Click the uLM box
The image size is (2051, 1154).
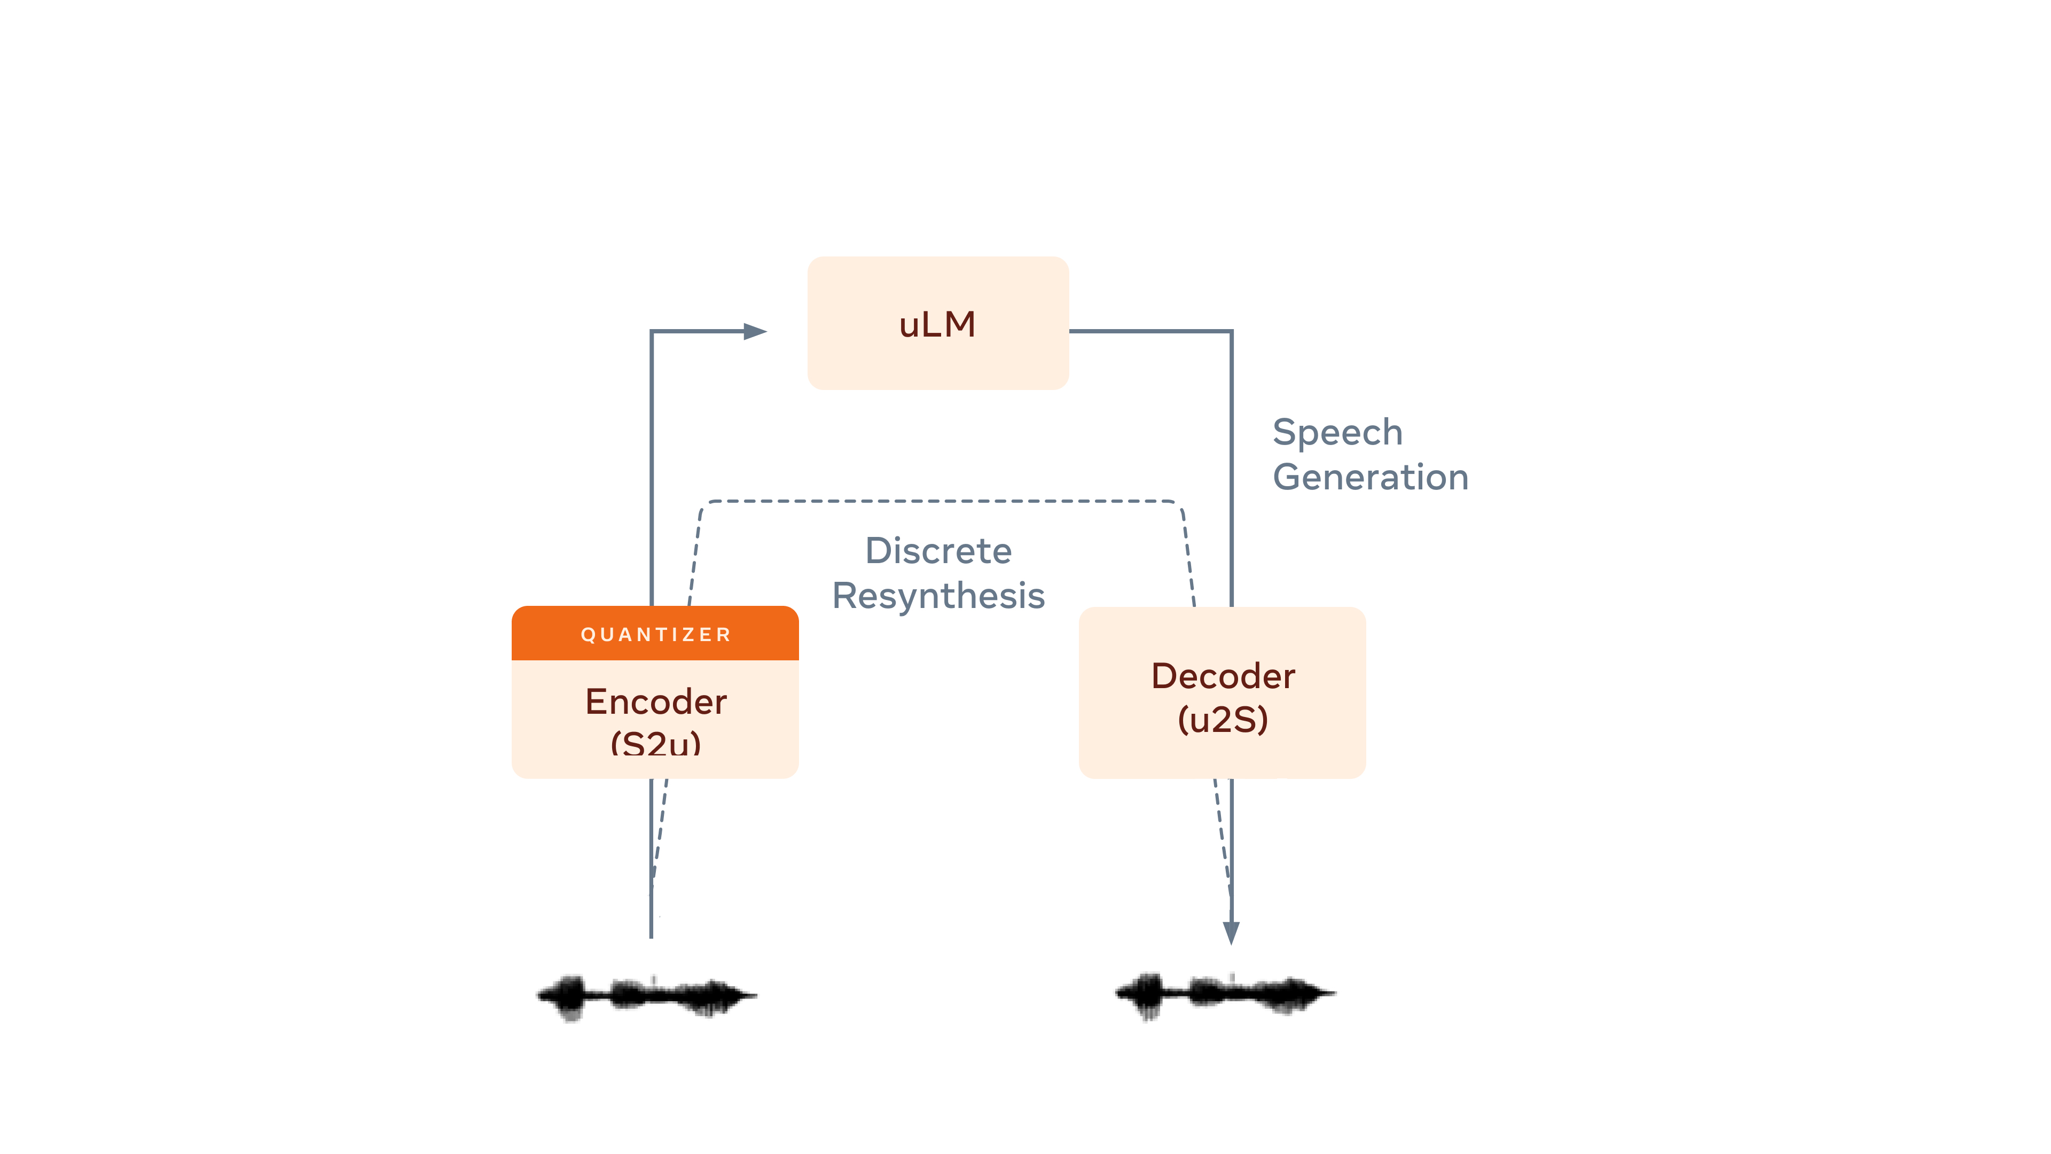(937, 323)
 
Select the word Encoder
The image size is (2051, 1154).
(655, 701)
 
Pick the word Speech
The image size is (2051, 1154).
(1337, 432)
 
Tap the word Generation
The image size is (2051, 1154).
(1369, 477)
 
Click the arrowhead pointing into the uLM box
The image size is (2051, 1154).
(755, 331)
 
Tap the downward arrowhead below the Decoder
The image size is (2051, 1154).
(1231, 933)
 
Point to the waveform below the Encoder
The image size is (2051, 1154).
(646, 995)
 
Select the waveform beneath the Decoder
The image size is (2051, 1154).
(1225, 994)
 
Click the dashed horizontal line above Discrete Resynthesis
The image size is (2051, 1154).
(940, 501)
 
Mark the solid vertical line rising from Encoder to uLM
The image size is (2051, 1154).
(651, 470)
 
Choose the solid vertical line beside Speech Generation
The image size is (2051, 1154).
(1231, 470)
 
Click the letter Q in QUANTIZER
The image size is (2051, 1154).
(587, 635)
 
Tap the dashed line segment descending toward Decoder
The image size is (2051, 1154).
(1188, 557)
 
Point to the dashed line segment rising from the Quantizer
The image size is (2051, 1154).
(694, 557)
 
